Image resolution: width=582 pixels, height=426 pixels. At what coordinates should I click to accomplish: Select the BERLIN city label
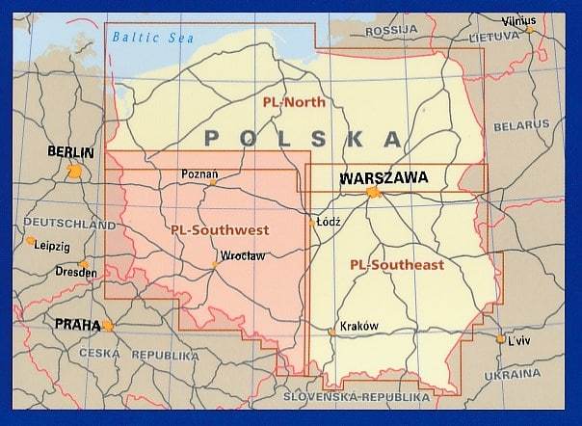pyautogui.click(x=70, y=152)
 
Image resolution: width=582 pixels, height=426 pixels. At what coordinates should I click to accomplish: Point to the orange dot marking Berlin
pyautogui.click(x=75, y=171)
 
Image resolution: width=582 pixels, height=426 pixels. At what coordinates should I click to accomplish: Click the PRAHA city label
pyautogui.click(x=77, y=325)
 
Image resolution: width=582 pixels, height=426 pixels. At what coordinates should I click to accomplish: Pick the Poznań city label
pyautogui.click(x=199, y=174)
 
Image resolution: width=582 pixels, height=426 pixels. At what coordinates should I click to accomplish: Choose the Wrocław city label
pyautogui.click(x=242, y=256)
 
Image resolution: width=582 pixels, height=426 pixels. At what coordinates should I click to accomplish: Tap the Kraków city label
pyautogui.click(x=358, y=326)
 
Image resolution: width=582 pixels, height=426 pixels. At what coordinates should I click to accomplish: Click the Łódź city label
pyautogui.click(x=329, y=221)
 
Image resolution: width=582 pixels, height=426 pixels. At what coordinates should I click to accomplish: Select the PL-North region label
pyautogui.click(x=294, y=101)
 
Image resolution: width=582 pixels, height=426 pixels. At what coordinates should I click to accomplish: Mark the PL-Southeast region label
pyautogui.click(x=397, y=264)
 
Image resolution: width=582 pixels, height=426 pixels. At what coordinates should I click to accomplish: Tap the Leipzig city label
pyautogui.click(x=52, y=246)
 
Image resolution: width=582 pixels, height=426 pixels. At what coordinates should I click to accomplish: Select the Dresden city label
pyautogui.click(x=76, y=273)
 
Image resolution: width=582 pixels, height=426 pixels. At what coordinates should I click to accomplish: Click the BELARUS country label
pyautogui.click(x=520, y=125)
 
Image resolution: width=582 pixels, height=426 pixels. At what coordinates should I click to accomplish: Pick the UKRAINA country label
pyautogui.click(x=512, y=373)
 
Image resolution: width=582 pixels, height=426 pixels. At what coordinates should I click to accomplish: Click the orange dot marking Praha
pyautogui.click(x=108, y=326)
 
